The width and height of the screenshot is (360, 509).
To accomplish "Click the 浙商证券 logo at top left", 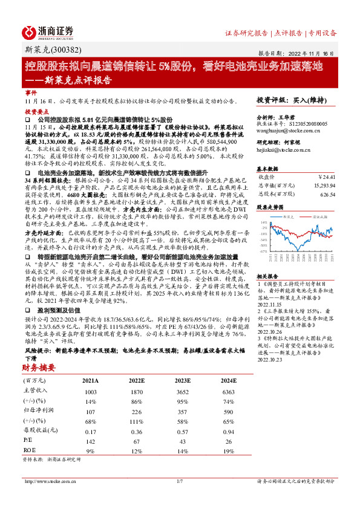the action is pos(48,31).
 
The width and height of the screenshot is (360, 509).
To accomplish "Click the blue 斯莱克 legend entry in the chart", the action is pos(287,216).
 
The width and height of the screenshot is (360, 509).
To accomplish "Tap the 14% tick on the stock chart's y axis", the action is pos(264,222).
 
